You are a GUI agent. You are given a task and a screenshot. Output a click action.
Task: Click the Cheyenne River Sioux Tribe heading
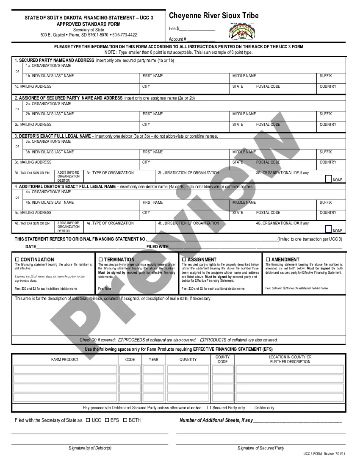click(x=213, y=16)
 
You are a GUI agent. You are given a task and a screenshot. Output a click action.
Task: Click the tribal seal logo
click(x=243, y=31)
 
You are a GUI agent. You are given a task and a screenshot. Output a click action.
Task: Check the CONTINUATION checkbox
click(x=17, y=259)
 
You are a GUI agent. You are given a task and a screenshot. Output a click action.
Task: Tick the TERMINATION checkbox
click(x=101, y=259)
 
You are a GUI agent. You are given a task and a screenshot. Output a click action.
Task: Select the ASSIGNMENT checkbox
click(x=184, y=259)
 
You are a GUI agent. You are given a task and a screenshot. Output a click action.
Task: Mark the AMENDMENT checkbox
click(x=268, y=259)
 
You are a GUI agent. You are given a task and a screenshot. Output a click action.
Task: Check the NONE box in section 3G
click(x=329, y=179)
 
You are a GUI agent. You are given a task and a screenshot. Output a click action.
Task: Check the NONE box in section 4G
click(x=329, y=229)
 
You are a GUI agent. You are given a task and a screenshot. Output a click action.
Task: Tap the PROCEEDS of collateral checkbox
click(x=120, y=340)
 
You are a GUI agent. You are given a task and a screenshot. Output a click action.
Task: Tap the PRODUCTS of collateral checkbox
click(x=202, y=340)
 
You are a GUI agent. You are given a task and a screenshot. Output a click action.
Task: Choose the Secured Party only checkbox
click(x=209, y=408)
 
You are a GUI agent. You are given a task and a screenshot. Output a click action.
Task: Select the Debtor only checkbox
click(x=251, y=408)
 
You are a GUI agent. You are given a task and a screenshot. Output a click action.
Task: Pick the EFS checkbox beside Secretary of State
click(x=107, y=420)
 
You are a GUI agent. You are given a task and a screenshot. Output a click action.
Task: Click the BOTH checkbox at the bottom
click(x=125, y=420)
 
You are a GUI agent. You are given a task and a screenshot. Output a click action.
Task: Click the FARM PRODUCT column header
click(x=65, y=360)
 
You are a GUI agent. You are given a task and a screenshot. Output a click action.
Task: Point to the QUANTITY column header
click(x=188, y=360)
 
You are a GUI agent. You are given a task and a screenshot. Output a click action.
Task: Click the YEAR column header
click(x=154, y=360)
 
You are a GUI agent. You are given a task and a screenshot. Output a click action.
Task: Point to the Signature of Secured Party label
click(x=261, y=448)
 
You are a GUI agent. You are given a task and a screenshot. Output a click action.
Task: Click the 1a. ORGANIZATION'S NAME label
click(x=48, y=66)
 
